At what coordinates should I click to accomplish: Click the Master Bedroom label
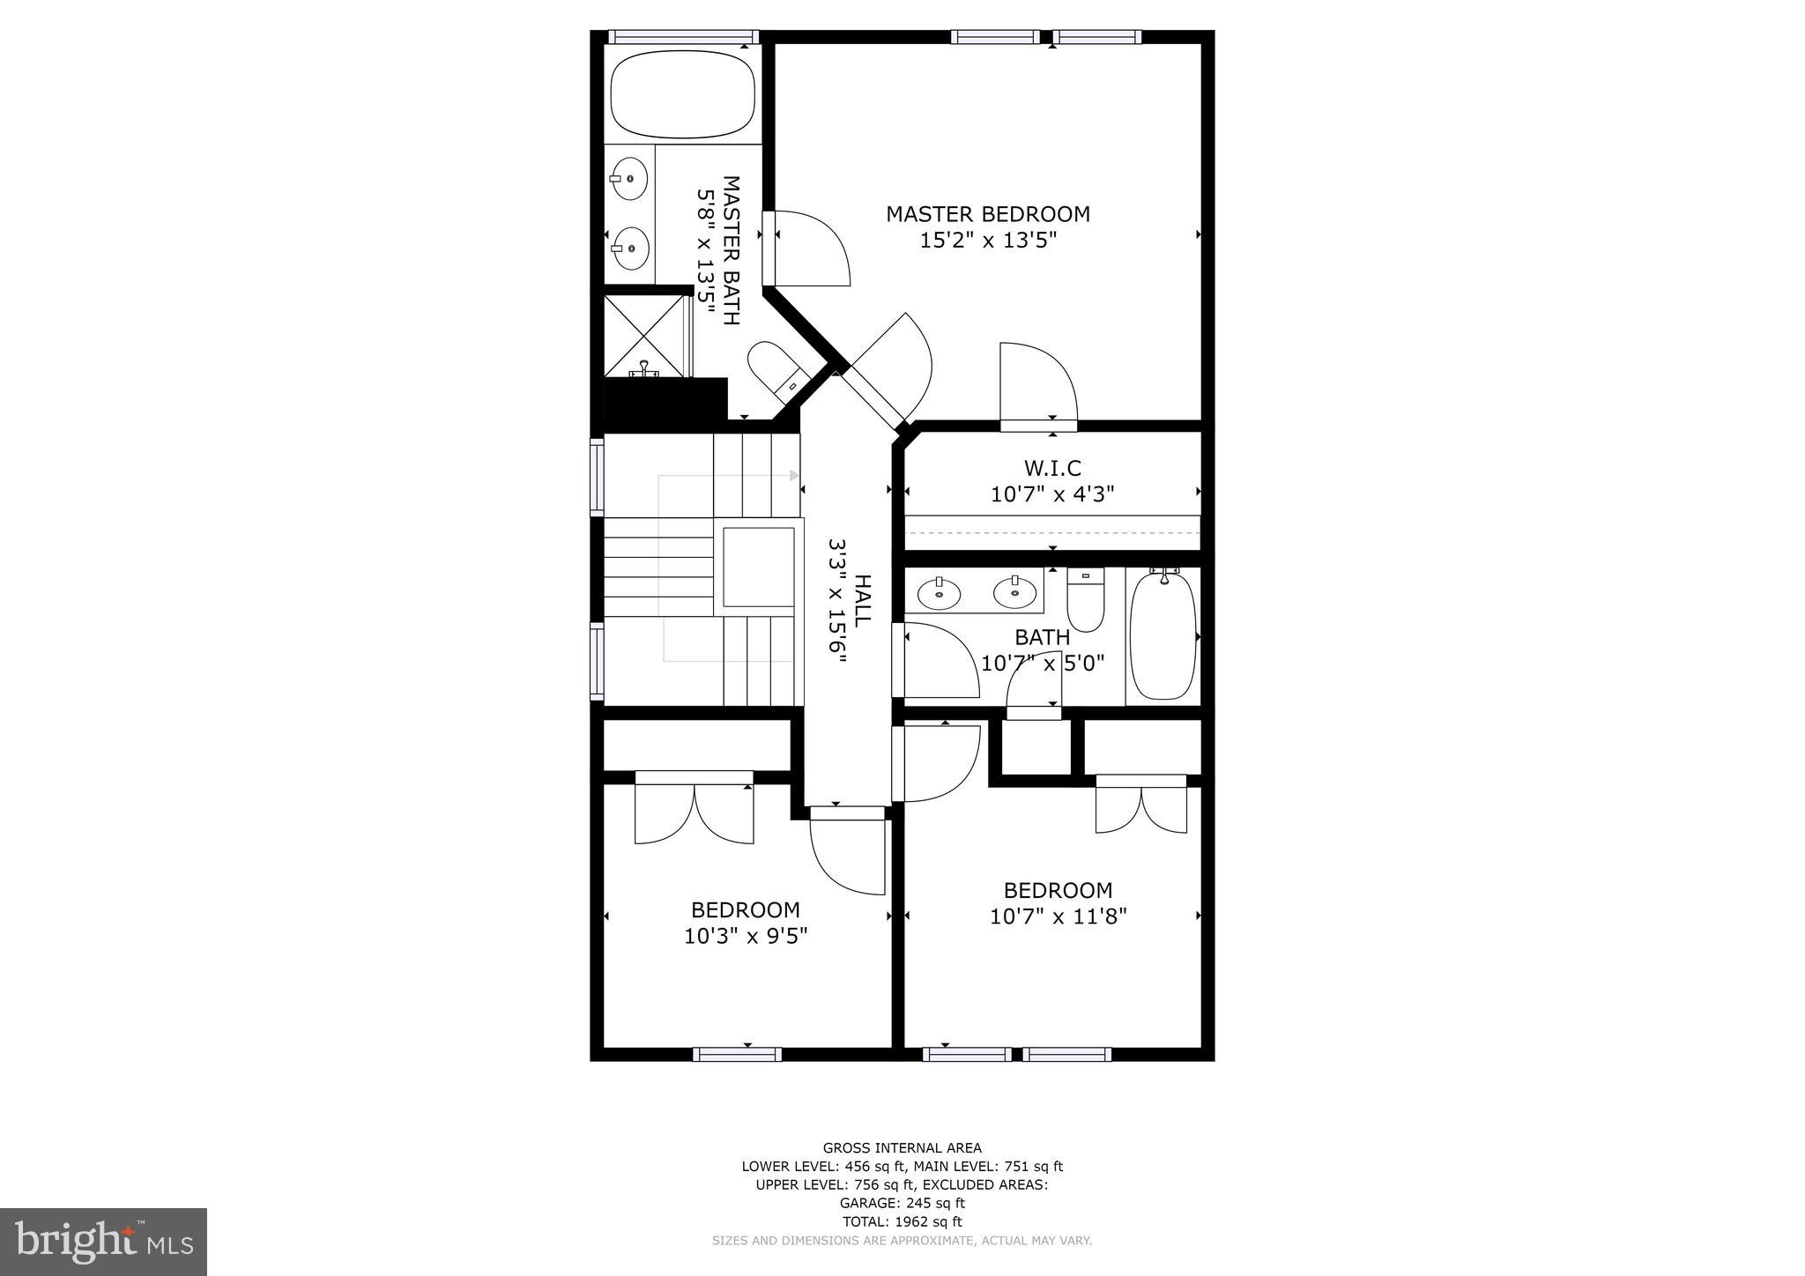coord(987,214)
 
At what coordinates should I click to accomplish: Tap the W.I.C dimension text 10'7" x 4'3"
coord(1052,494)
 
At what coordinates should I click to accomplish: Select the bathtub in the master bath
coord(683,94)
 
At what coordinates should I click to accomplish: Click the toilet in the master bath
coord(773,370)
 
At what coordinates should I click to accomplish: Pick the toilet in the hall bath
coord(1085,599)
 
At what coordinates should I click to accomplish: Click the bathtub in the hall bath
coord(1162,636)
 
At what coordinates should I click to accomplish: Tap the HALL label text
coord(862,600)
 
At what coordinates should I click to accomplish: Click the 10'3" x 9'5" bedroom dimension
coord(746,935)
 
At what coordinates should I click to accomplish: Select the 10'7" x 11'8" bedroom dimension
coord(1058,916)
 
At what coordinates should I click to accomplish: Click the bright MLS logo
coord(103,1242)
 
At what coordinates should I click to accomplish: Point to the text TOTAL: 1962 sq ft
coord(902,1221)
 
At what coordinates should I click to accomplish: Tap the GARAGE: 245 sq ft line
coord(902,1203)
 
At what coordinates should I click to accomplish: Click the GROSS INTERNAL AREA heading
coord(902,1147)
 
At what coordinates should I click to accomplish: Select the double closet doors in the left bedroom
coord(695,812)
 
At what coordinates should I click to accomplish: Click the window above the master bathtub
coord(683,37)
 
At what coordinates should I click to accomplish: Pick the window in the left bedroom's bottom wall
coord(737,1054)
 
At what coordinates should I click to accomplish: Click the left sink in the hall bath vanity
coord(940,593)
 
